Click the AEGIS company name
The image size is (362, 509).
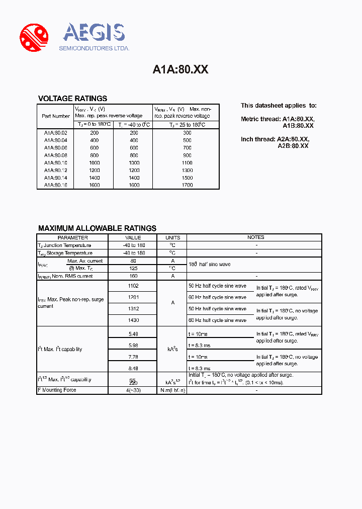tap(94, 33)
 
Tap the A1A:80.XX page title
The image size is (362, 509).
tap(180, 70)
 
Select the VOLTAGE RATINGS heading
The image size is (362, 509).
tap(72, 99)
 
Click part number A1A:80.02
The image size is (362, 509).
tap(55, 133)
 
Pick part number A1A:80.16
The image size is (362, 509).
tap(55, 185)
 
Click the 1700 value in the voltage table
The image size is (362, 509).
tap(187, 185)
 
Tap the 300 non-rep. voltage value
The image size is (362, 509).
tap(187, 133)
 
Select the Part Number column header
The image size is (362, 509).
tap(56, 116)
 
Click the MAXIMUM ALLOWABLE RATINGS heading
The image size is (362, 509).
tap(97, 228)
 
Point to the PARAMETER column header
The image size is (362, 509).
tap(72, 237)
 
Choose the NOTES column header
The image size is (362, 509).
tap(255, 237)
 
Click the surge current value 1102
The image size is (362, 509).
tap(133, 286)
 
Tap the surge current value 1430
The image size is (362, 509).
tap(133, 320)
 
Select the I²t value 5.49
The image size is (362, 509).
tap(133, 333)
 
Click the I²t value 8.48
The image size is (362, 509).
tap(133, 368)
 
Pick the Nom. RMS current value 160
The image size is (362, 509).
tap(133, 276)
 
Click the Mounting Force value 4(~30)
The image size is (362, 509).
tap(133, 390)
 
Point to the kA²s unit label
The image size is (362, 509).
tap(172, 349)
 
